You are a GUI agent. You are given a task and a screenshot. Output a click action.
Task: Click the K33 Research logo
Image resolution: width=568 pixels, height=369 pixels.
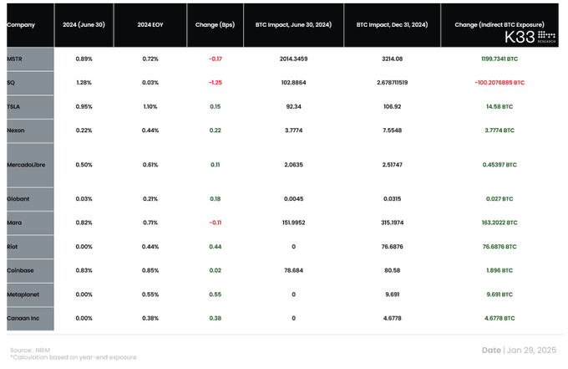pos(530,38)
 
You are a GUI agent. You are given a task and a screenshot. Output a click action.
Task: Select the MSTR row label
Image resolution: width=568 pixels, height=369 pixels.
pos(14,59)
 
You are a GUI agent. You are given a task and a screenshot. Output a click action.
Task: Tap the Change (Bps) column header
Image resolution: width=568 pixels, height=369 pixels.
pos(215,25)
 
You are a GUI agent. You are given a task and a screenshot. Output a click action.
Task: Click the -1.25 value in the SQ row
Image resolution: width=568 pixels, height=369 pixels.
pos(215,83)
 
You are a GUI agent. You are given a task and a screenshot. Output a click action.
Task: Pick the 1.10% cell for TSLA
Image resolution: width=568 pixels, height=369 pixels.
pos(150,107)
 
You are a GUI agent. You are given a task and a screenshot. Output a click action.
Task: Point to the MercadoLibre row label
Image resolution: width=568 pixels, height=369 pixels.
pos(26,165)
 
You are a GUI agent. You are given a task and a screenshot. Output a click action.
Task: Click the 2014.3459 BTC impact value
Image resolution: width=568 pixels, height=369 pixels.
pos(293,59)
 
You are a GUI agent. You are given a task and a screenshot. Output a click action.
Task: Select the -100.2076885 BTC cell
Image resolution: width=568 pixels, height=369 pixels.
pos(500,83)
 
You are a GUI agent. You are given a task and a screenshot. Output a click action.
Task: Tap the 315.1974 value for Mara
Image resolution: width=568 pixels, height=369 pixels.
pos(392,223)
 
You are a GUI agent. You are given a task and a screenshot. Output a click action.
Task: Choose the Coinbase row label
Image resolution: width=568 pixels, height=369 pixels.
pos(20,270)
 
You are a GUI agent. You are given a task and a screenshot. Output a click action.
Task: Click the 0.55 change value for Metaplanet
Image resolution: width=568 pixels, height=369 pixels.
pos(215,295)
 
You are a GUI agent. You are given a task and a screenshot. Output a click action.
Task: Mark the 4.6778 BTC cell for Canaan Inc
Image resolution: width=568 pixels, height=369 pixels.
pos(500,318)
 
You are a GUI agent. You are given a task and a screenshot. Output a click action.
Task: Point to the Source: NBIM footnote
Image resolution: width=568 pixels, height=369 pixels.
pos(30,350)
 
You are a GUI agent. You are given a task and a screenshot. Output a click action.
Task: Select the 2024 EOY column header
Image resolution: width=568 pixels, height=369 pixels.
pos(150,25)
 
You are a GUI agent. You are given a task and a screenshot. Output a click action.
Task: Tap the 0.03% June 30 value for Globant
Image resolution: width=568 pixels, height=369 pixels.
pos(84,199)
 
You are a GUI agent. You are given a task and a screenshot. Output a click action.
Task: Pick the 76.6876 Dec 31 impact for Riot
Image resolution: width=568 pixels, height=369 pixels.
pos(392,247)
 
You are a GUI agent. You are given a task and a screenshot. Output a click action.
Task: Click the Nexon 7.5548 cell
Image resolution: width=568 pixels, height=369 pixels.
pos(392,131)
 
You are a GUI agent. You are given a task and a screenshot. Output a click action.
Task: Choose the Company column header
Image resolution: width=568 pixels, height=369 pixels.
pos(21,25)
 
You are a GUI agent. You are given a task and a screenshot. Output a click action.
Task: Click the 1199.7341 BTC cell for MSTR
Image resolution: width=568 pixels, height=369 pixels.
pos(500,59)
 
